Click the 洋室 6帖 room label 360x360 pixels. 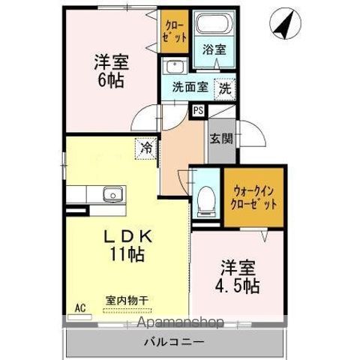pos(109,68)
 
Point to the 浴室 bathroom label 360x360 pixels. pos(215,49)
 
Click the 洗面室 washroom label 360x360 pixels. pos(189,86)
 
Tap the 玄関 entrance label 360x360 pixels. pos(220,138)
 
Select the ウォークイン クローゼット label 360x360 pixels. pos(256,198)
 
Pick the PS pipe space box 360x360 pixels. pos(198,110)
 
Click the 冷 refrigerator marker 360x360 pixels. pos(145,148)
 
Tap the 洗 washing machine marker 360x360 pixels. pos(225,87)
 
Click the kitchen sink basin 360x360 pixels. pos(112,194)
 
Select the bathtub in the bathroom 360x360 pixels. pos(215,25)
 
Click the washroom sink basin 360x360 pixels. pos(173,65)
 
